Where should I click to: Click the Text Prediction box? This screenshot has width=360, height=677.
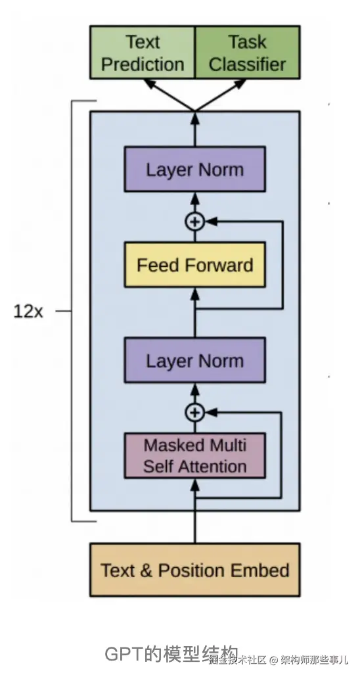(x=143, y=53)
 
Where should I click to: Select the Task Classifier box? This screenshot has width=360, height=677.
(x=248, y=53)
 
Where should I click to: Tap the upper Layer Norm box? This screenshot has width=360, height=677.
(x=194, y=170)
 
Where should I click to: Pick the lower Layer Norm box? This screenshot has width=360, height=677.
(x=194, y=361)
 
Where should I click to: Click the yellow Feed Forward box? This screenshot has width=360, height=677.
(x=194, y=265)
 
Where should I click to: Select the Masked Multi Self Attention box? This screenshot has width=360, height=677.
(x=194, y=455)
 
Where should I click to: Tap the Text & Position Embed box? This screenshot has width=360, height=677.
(x=194, y=570)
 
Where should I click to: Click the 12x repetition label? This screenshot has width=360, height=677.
(x=28, y=311)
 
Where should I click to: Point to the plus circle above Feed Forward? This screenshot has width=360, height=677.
(x=194, y=222)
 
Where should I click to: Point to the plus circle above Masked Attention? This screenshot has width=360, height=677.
(x=194, y=413)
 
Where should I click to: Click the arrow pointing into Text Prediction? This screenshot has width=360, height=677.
(x=164, y=92)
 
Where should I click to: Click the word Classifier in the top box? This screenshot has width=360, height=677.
(x=248, y=64)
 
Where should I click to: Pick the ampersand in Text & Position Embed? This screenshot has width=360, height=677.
(x=146, y=570)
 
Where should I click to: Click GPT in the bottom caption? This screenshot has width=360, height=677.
(x=123, y=654)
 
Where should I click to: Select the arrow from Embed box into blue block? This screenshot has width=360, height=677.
(x=194, y=519)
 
